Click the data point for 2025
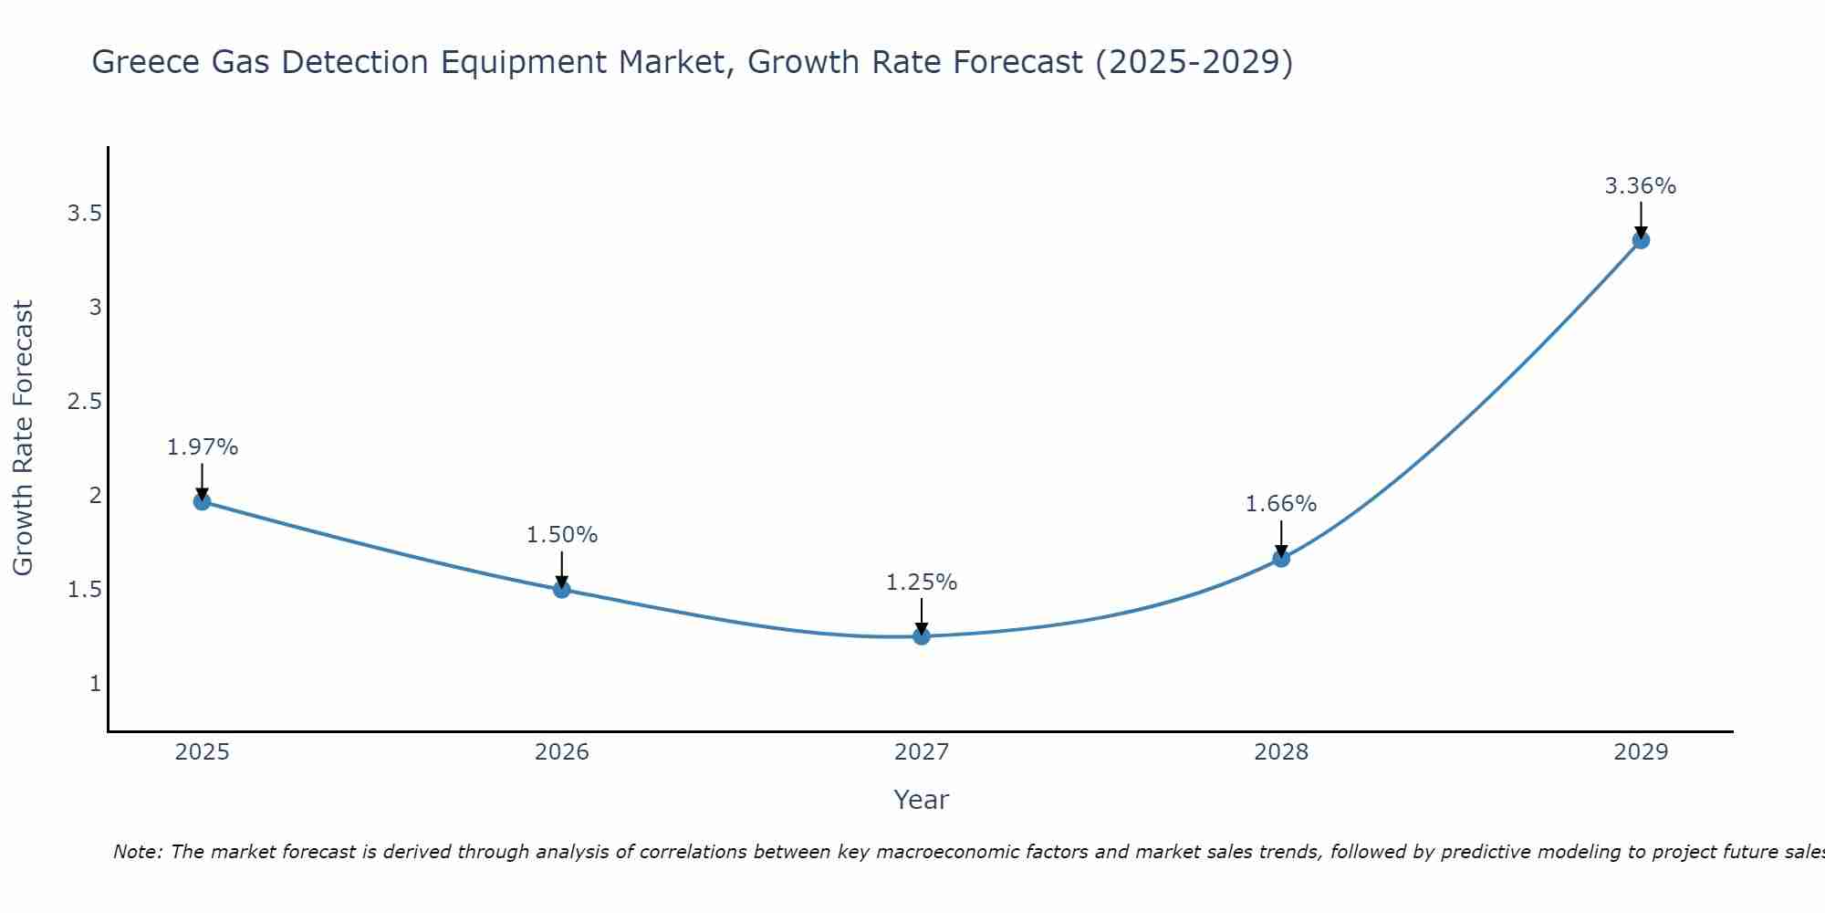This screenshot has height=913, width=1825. [202, 501]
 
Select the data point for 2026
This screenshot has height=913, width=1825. [561, 589]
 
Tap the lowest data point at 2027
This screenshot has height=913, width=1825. [922, 636]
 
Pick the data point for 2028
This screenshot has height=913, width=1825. [1281, 559]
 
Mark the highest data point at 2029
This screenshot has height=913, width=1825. [1641, 240]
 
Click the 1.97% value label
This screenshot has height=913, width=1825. [202, 447]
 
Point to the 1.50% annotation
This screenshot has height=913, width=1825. [561, 535]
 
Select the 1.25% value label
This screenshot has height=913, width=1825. [922, 582]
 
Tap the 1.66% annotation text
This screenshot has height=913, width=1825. [1281, 504]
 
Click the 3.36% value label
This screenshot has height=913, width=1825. [1641, 186]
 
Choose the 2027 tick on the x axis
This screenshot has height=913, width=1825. [922, 752]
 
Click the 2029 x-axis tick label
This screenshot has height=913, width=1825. [1641, 752]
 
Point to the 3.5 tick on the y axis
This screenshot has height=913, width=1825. [84, 214]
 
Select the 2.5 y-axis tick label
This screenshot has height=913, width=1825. [84, 402]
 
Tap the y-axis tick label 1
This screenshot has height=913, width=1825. [95, 683]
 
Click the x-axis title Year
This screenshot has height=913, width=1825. [922, 800]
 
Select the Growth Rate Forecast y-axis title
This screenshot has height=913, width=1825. [23, 438]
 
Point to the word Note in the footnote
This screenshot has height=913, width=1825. [137, 852]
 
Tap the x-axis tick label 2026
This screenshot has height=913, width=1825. [561, 752]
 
